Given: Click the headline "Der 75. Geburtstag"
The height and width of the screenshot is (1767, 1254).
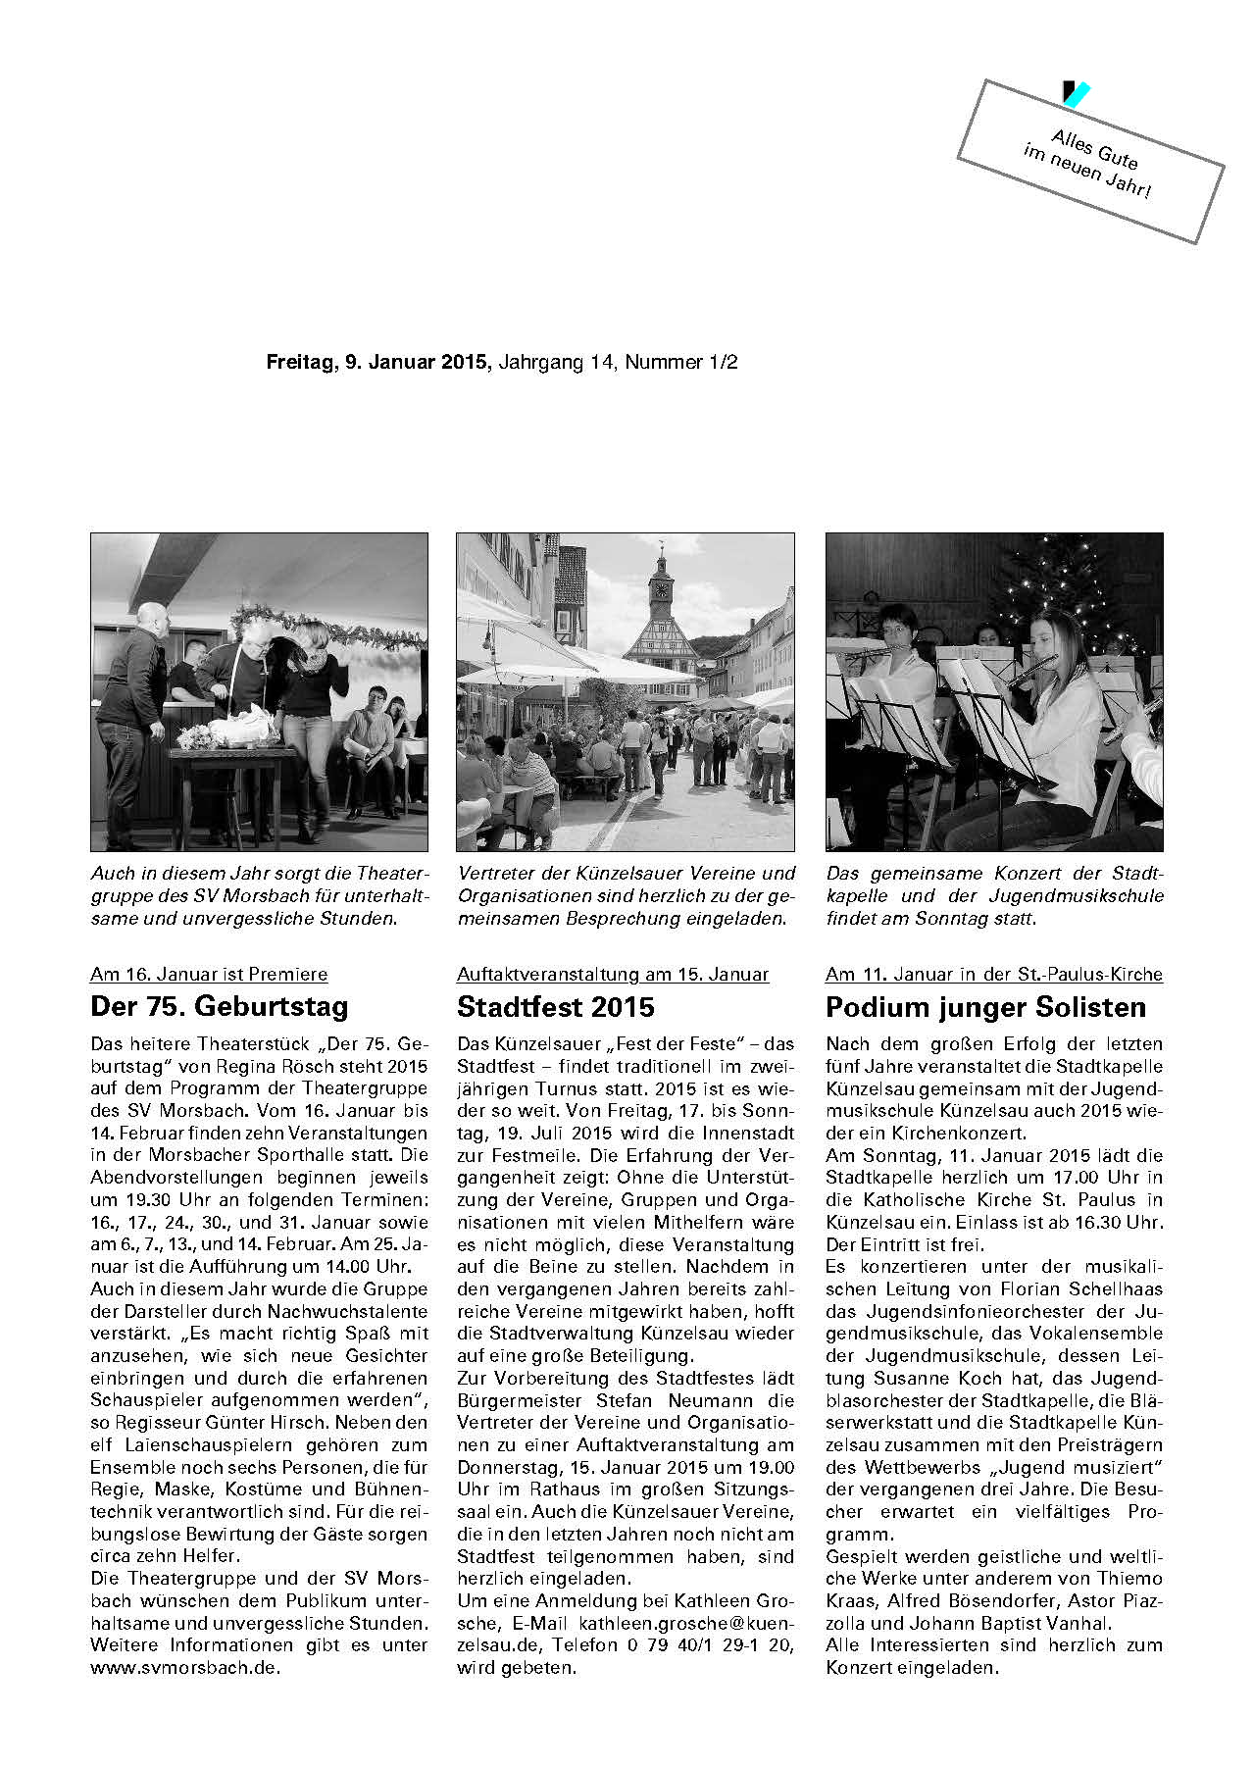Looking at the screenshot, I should pos(219,1007).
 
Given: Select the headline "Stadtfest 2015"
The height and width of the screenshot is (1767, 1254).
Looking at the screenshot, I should pos(555,1007).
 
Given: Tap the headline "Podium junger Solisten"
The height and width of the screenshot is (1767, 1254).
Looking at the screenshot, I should pos(985,1007).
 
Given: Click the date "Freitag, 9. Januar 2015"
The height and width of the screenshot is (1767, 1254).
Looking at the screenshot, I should pos(377,362).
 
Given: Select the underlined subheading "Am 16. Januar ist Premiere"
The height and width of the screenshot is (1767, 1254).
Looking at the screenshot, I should pos(209,974).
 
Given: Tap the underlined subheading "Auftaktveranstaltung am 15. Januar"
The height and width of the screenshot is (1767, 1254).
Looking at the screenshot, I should pos(613,974).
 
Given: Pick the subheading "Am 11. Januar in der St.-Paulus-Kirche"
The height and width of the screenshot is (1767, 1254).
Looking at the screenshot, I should pos(993,974).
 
